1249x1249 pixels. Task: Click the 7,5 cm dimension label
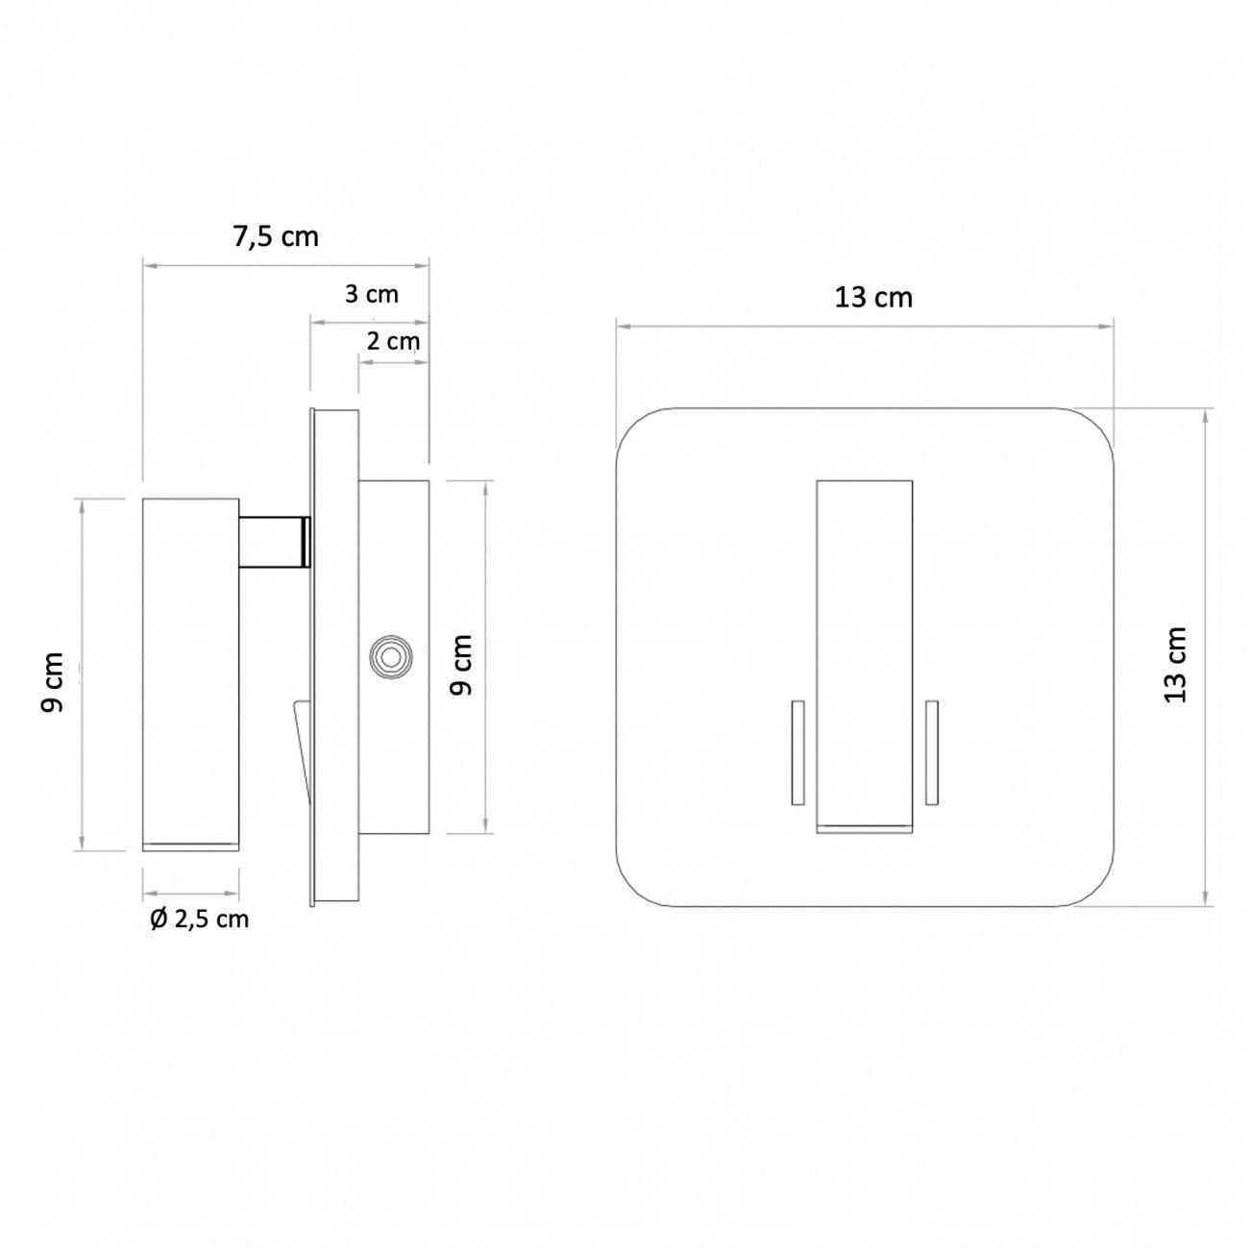(276, 236)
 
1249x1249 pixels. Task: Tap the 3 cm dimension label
(372, 294)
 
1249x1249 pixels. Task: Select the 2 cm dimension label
(393, 340)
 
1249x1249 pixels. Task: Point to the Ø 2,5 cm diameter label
(200, 918)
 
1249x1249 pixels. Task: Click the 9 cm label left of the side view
(54, 682)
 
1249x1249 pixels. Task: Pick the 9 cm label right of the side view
(462, 665)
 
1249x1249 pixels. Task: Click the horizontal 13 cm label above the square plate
(873, 298)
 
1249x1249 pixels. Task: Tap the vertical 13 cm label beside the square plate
(1176, 665)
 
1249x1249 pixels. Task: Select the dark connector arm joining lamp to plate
(274, 542)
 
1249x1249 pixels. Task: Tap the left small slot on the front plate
(796, 752)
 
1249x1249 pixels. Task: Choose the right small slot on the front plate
(930, 752)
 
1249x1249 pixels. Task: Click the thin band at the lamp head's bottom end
(190, 845)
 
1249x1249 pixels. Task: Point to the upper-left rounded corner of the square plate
(639, 431)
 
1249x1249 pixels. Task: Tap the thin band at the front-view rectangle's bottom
(863, 825)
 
